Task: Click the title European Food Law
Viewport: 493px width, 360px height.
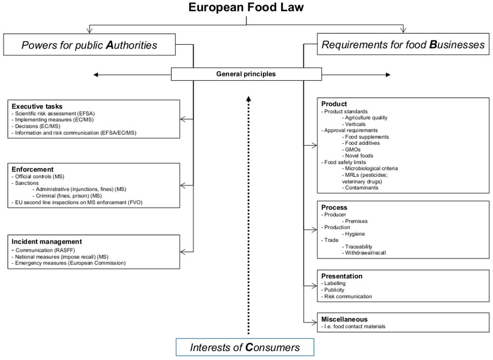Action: [x=246, y=8]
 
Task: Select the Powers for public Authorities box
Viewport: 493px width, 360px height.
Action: [x=90, y=45]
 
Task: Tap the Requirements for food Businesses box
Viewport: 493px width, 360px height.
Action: [x=402, y=45]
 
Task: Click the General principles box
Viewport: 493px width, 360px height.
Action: [x=246, y=74]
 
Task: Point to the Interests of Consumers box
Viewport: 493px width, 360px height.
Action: [x=245, y=347]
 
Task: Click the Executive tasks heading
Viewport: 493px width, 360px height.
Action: [x=37, y=106]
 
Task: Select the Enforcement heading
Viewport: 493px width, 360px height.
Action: [x=33, y=169]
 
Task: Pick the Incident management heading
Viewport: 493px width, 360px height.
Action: [x=47, y=242]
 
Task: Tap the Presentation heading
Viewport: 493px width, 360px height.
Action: [x=342, y=276]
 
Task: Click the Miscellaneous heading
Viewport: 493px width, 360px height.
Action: [x=344, y=319]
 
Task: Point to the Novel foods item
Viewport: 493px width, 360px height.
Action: [x=359, y=156]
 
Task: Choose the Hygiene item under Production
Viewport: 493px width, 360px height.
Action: [x=355, y=234]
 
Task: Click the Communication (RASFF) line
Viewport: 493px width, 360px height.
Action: [x=45, y=250]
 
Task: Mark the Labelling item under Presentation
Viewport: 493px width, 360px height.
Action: [x=335, y=283]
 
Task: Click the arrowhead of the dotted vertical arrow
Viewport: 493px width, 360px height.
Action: [x=248, y=99]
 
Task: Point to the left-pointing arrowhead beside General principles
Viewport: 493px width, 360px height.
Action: [x=96, y=75]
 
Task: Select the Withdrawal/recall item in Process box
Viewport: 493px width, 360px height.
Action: [x=365, y=253]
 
